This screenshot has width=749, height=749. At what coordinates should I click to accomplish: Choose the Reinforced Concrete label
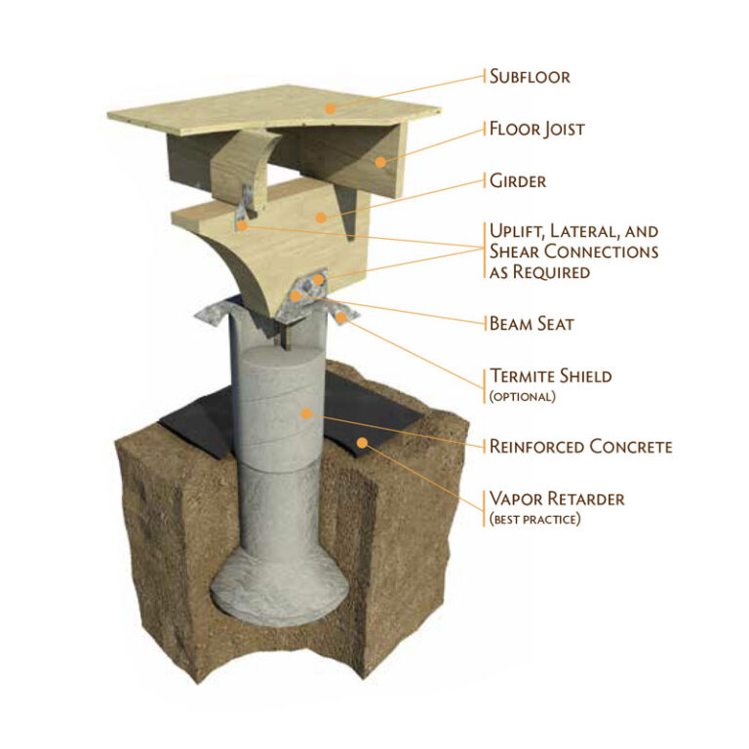coord(580,447)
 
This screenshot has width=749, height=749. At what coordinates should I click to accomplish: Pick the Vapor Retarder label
coord(557,499)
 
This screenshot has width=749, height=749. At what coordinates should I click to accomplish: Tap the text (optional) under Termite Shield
coord(524,395)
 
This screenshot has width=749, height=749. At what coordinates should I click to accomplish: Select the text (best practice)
coord(534,519)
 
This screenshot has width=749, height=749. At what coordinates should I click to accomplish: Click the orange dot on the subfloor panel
coord(329,108)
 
